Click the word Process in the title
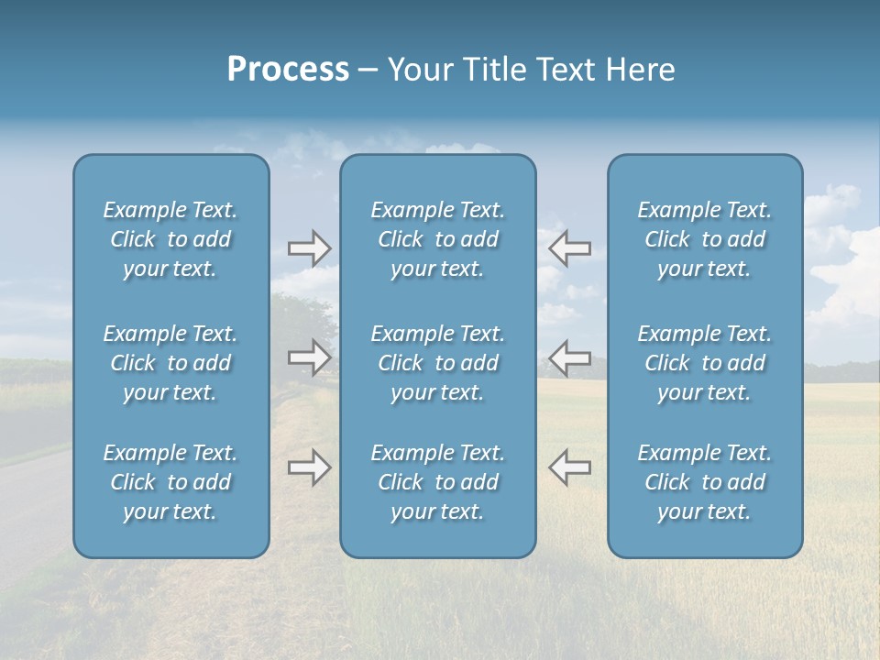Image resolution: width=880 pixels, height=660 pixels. (x=288, y=70)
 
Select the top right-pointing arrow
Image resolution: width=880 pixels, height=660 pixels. (x=310, y=248)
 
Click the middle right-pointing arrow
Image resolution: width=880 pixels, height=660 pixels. (x=310, y=357)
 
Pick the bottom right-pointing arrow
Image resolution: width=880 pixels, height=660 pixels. (x=310, y=467)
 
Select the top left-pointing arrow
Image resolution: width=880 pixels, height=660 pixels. (x=569, y=248)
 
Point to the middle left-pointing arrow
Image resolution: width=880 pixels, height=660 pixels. (x=569, y=357)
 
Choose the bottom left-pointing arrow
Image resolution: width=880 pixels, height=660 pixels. (x=569, y=467)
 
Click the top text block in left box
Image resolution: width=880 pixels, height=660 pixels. (x=170, y=239)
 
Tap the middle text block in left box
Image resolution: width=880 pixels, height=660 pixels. (x=170, y=363)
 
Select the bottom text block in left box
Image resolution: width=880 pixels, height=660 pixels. (x=170, y=482)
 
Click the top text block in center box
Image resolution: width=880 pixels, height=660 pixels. (x=437, y=239)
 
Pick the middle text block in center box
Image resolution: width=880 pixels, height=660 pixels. (x=437, y=363)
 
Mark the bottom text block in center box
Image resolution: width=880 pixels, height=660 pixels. (x=437, y=482)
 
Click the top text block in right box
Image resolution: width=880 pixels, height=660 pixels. (x=704, y=239)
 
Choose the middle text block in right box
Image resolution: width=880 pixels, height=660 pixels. (x=704, y=363)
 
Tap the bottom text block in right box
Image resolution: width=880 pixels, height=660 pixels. (x=704, y=482)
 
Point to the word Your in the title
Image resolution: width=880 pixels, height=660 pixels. (x=418, y=70)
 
